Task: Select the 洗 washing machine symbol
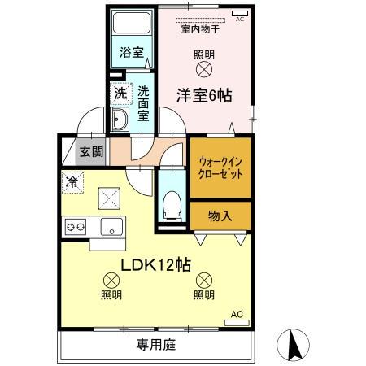(119, 94)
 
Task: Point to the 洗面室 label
(143, 104)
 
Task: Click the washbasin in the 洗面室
(120, 122)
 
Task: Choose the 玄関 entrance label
(91, 152)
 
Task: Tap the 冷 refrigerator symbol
(72, 182)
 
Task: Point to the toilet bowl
(171, 205)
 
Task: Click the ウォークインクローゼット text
(220, 168)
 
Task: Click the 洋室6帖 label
(204, 95)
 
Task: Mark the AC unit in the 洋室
(238, 14)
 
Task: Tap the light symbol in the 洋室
(203, 71)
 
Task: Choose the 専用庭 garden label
(155, 345)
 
